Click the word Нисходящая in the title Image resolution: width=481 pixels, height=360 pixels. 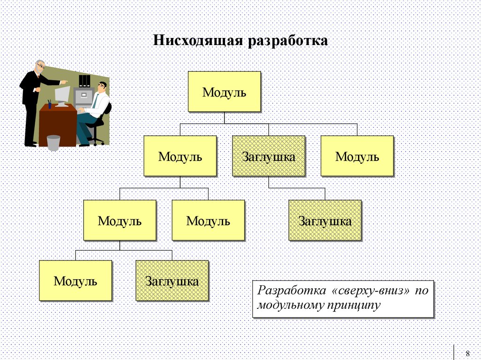pos(198,41)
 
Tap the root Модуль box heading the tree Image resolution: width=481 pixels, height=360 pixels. pos(224,92)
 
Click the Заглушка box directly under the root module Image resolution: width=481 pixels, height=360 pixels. pos(268,156)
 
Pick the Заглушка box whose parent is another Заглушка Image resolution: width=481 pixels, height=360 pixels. pos(325,221)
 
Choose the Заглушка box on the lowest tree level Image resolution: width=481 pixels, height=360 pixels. pos(171,281)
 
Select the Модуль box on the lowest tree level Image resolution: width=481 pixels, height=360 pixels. pos(75,281)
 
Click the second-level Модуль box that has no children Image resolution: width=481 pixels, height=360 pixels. pos(357,156)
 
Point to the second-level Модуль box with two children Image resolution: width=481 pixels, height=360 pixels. pos(180,156)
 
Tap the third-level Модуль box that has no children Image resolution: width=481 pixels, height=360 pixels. pos(208,221)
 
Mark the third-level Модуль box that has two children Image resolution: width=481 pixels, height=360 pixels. pos(119,221)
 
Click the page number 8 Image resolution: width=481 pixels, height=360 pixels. pos(467,353)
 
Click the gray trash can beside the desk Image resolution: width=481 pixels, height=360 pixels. pos(54,143)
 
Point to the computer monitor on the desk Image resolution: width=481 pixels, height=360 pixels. pos(62,95)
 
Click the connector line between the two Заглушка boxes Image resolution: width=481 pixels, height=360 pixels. pos(296,188)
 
